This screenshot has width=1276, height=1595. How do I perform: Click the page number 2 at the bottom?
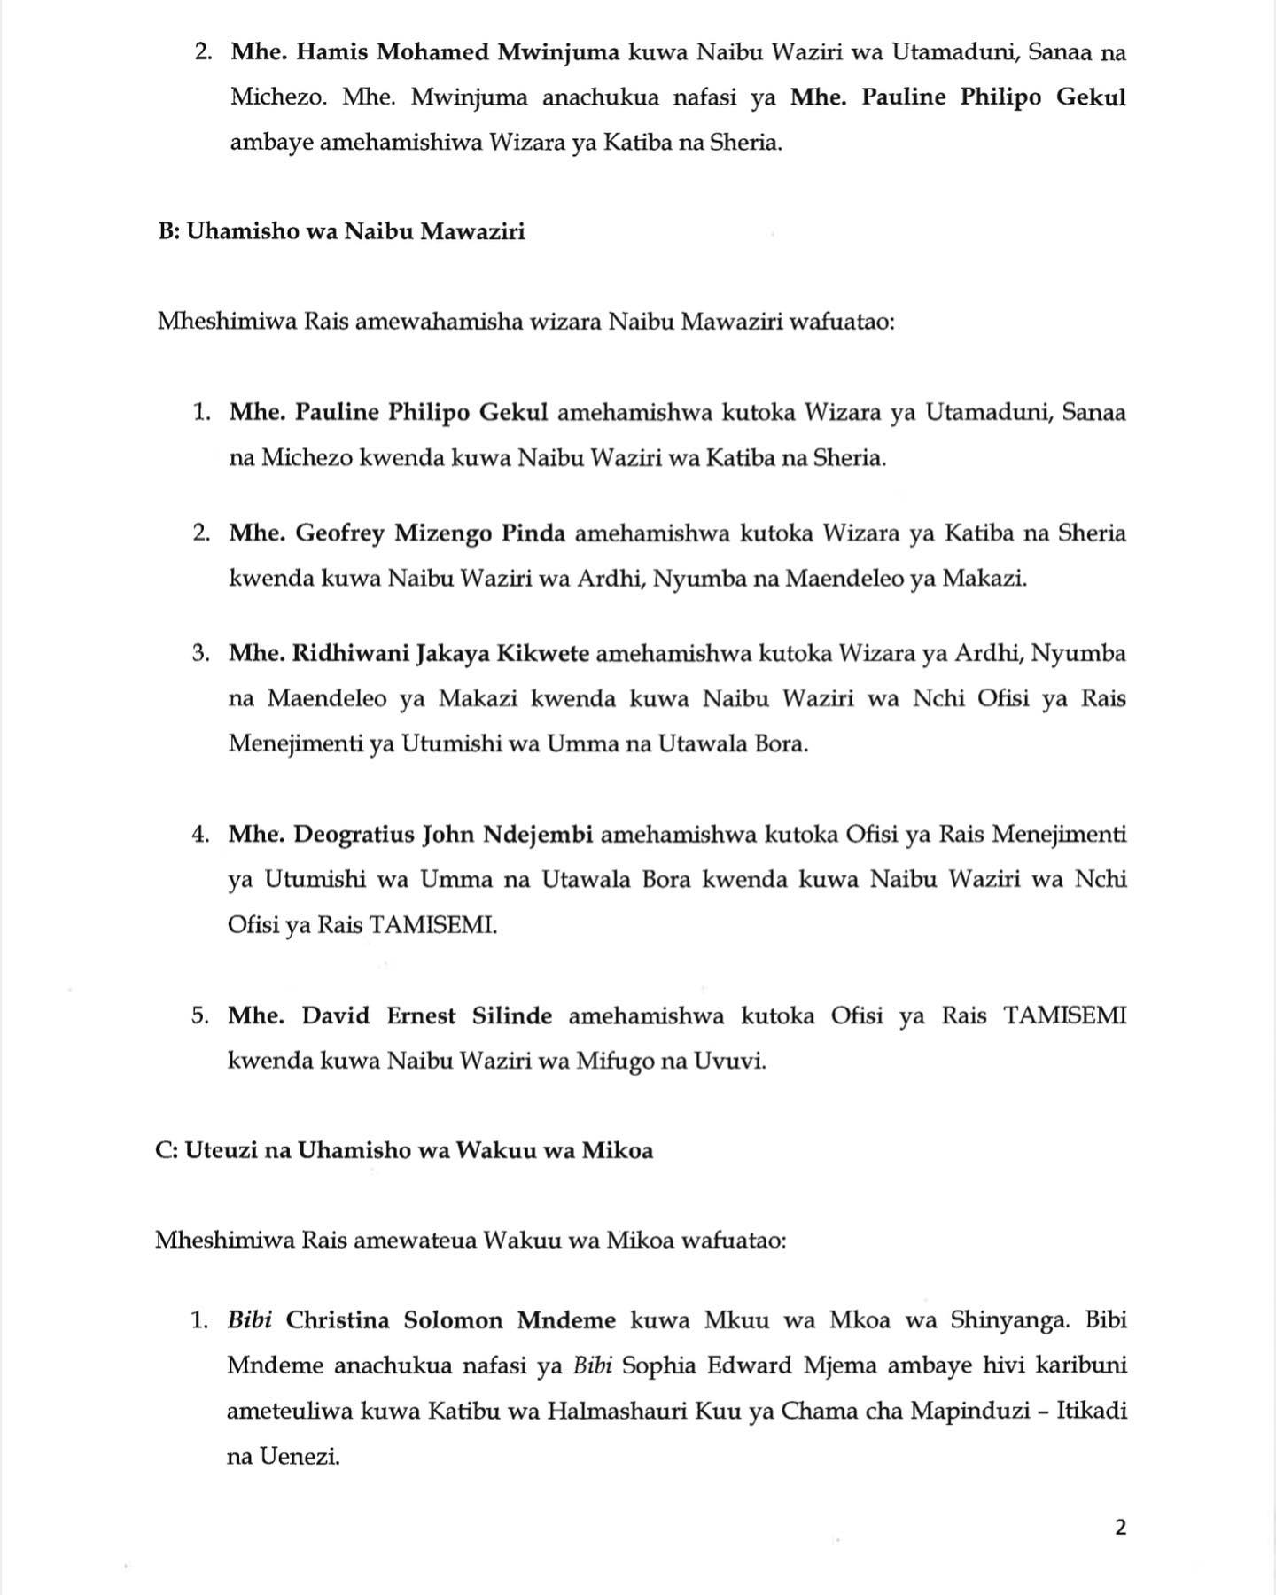[x=1121, y=1527]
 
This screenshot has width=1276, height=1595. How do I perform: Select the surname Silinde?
[x=504, y=1015]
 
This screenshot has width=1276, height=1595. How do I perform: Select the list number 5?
[x=199, y=1015]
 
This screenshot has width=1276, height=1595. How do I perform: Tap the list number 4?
[x=199, y=835]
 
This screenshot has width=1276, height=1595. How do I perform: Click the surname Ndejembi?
[x=537, y=835]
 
